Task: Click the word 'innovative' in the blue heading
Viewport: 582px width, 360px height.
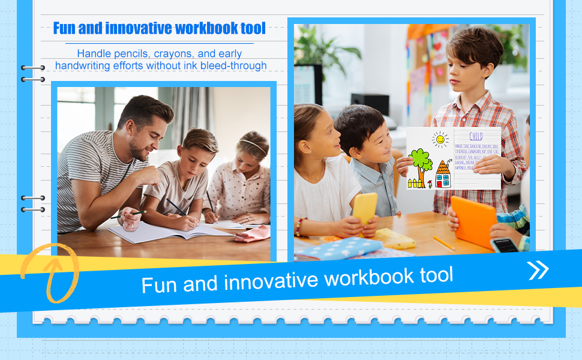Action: pyautogui.click(x=139, y=28)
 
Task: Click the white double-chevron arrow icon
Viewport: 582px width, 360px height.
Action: pyautogui.click(x=538, y=271)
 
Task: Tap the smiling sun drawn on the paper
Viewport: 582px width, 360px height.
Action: pyautogui.click(x=440, y=140)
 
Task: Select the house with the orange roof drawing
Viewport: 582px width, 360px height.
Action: pyautogui.click(x=443, y=174)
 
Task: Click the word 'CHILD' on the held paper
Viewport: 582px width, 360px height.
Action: pyautogui.click(x=476, y=136)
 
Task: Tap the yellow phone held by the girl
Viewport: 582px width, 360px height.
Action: pyautogui.click(x=365, y=208)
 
